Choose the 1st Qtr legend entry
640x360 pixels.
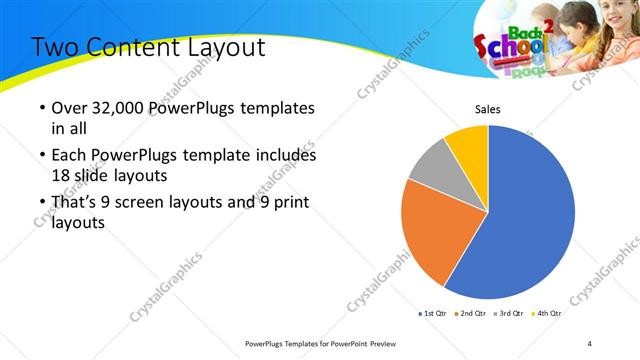coord(435,314)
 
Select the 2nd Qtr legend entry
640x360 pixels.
coord(473,314)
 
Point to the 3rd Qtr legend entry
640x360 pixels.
coord(510,314)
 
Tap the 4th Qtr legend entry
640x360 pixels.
coord(547,314)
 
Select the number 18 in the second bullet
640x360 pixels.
coord(62,174)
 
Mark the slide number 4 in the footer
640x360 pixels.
coord(590,344)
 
